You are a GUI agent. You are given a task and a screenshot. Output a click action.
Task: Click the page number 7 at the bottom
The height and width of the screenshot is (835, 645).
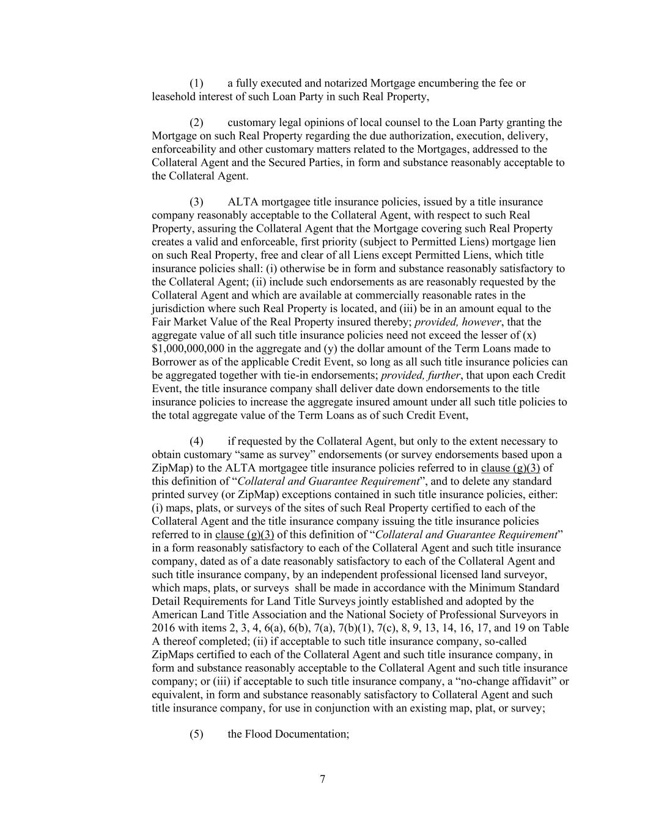click(322, 779)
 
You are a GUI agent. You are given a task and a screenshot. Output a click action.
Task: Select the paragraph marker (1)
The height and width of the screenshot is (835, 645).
click(196, 83)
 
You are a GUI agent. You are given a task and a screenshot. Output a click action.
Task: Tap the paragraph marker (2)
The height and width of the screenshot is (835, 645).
click(196, 123)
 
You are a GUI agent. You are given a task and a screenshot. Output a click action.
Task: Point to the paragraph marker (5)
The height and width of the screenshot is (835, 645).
click(196, 734)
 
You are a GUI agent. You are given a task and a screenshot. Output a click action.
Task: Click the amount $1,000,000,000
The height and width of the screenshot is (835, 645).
click(187, 349)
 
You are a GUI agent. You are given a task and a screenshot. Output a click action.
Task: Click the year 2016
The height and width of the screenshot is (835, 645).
click(163, 628)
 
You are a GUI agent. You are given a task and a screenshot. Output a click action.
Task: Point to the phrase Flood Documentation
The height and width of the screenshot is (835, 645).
click(295, 734)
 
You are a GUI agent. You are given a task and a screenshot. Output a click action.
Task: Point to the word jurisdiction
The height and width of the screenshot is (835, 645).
click(180, 309)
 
